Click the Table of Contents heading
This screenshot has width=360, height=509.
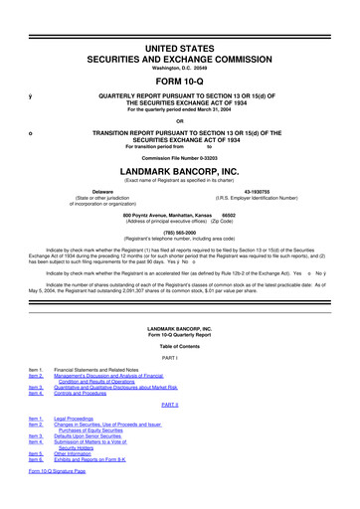point(180,342)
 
